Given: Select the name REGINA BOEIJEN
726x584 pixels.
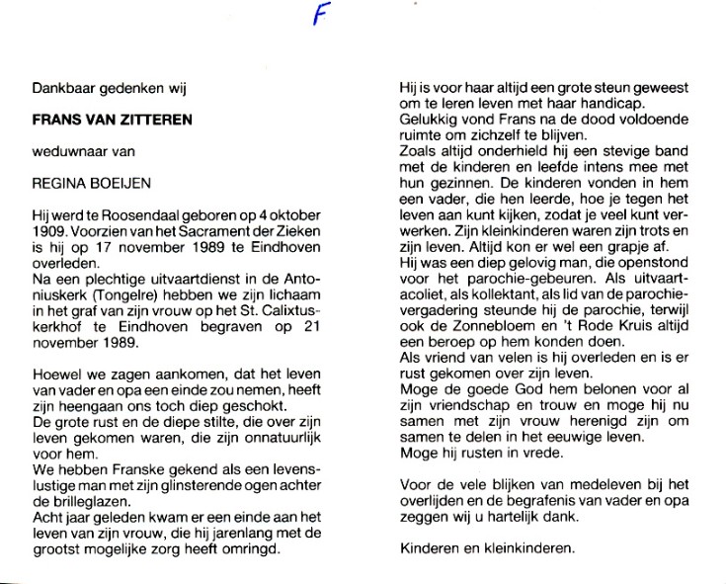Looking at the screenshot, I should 82,183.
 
